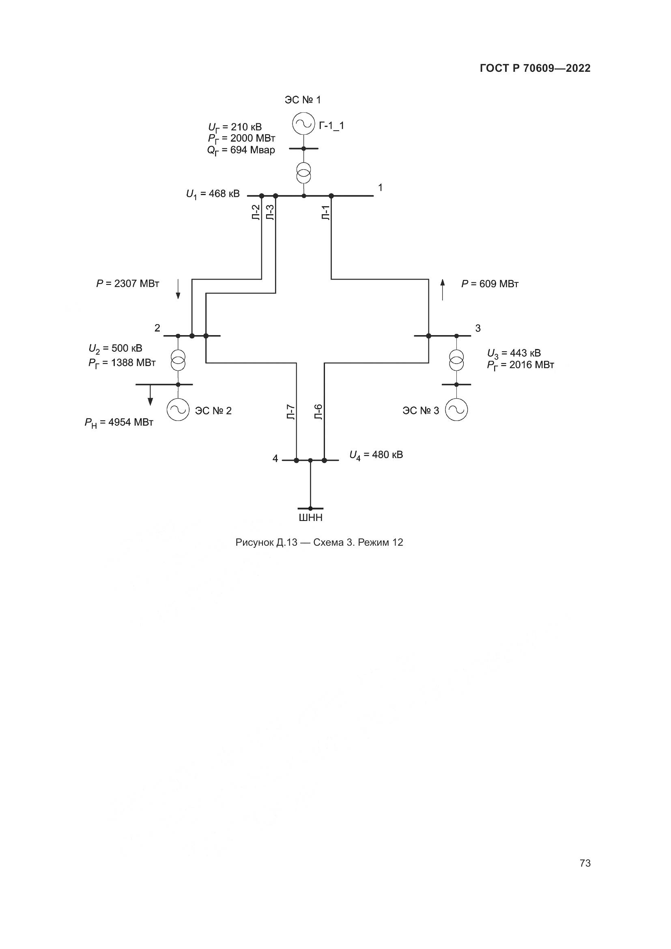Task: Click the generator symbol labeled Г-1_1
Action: [304, 124]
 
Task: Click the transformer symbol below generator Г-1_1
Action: [304, 173]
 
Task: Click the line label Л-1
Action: [326, 212]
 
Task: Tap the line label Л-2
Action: [256, 212]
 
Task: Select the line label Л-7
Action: [290, 412]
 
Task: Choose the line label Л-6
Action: [318, 412]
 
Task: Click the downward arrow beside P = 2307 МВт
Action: [178, 289]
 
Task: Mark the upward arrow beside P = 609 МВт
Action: [443, 289]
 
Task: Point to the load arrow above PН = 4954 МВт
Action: [151, 396]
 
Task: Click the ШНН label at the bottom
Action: [310, 517]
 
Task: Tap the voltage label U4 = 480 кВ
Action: [376, 455]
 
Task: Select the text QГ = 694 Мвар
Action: [241, 151]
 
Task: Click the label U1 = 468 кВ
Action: [213, 194]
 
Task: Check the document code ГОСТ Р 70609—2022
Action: [535, 69]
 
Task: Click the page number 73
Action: [585, 863]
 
